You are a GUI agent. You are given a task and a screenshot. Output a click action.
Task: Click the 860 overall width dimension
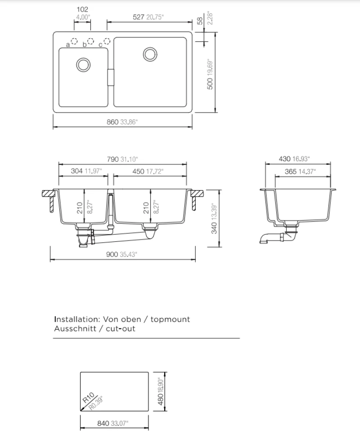112,122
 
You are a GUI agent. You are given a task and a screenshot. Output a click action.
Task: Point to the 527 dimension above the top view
139,17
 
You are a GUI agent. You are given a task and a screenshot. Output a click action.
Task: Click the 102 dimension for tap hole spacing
82,9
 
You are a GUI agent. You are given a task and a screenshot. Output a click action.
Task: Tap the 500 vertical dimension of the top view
210,83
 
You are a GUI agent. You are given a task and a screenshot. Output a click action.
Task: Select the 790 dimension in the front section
113,159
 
